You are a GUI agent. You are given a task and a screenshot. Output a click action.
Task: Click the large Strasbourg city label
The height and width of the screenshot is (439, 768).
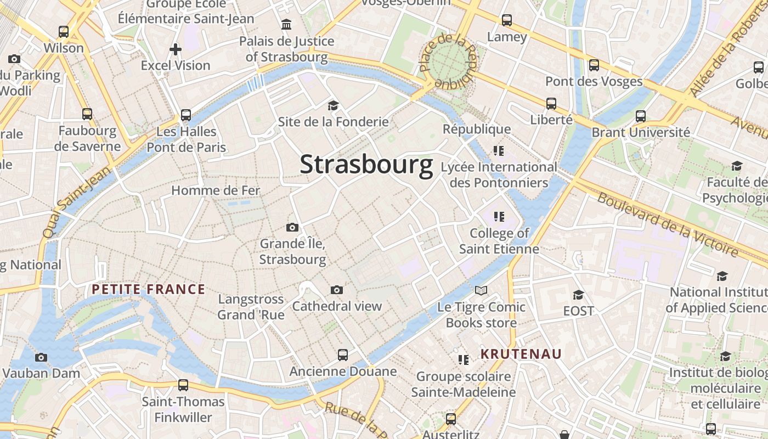(366, 165)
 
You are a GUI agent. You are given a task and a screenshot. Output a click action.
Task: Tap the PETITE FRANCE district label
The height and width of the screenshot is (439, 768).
(148, 289)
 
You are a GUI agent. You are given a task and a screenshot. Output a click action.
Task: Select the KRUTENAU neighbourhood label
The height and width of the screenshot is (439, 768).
(521, 354)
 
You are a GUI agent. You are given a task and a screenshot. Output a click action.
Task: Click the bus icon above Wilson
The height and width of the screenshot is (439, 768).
(64, 32)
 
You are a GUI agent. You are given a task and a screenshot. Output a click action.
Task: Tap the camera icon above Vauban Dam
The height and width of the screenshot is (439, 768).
(41, 357)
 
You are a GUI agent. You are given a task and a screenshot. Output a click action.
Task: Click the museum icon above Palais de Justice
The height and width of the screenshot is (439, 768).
(286, 25)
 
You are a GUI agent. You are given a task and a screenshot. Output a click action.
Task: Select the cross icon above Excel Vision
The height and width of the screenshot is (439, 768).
(176, 49)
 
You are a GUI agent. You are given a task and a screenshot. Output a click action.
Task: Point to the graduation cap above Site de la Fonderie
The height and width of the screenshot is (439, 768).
(333, 105)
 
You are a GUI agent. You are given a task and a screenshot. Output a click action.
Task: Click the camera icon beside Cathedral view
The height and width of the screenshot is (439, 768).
(337, 290)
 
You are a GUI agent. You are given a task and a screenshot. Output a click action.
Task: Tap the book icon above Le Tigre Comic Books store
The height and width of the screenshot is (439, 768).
(481, 290)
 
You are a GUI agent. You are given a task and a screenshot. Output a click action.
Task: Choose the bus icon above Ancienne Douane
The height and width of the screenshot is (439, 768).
(343, 354)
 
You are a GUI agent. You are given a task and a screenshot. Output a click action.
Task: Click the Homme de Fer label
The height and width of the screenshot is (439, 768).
(216, 190)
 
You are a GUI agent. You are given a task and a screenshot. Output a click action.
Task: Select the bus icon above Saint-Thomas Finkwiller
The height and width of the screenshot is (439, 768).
(183, 385)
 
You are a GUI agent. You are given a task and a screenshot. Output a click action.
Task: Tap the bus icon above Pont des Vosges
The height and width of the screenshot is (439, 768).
(594, 65)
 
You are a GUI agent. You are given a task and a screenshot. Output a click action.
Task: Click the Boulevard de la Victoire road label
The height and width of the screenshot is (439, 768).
(668, 224)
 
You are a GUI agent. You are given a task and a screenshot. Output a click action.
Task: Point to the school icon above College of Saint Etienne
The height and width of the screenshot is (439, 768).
(499, 216)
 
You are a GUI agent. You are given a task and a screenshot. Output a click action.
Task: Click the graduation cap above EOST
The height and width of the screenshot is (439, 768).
(578, 295)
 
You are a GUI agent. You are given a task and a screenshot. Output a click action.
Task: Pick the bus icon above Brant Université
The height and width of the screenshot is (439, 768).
(640, 116)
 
